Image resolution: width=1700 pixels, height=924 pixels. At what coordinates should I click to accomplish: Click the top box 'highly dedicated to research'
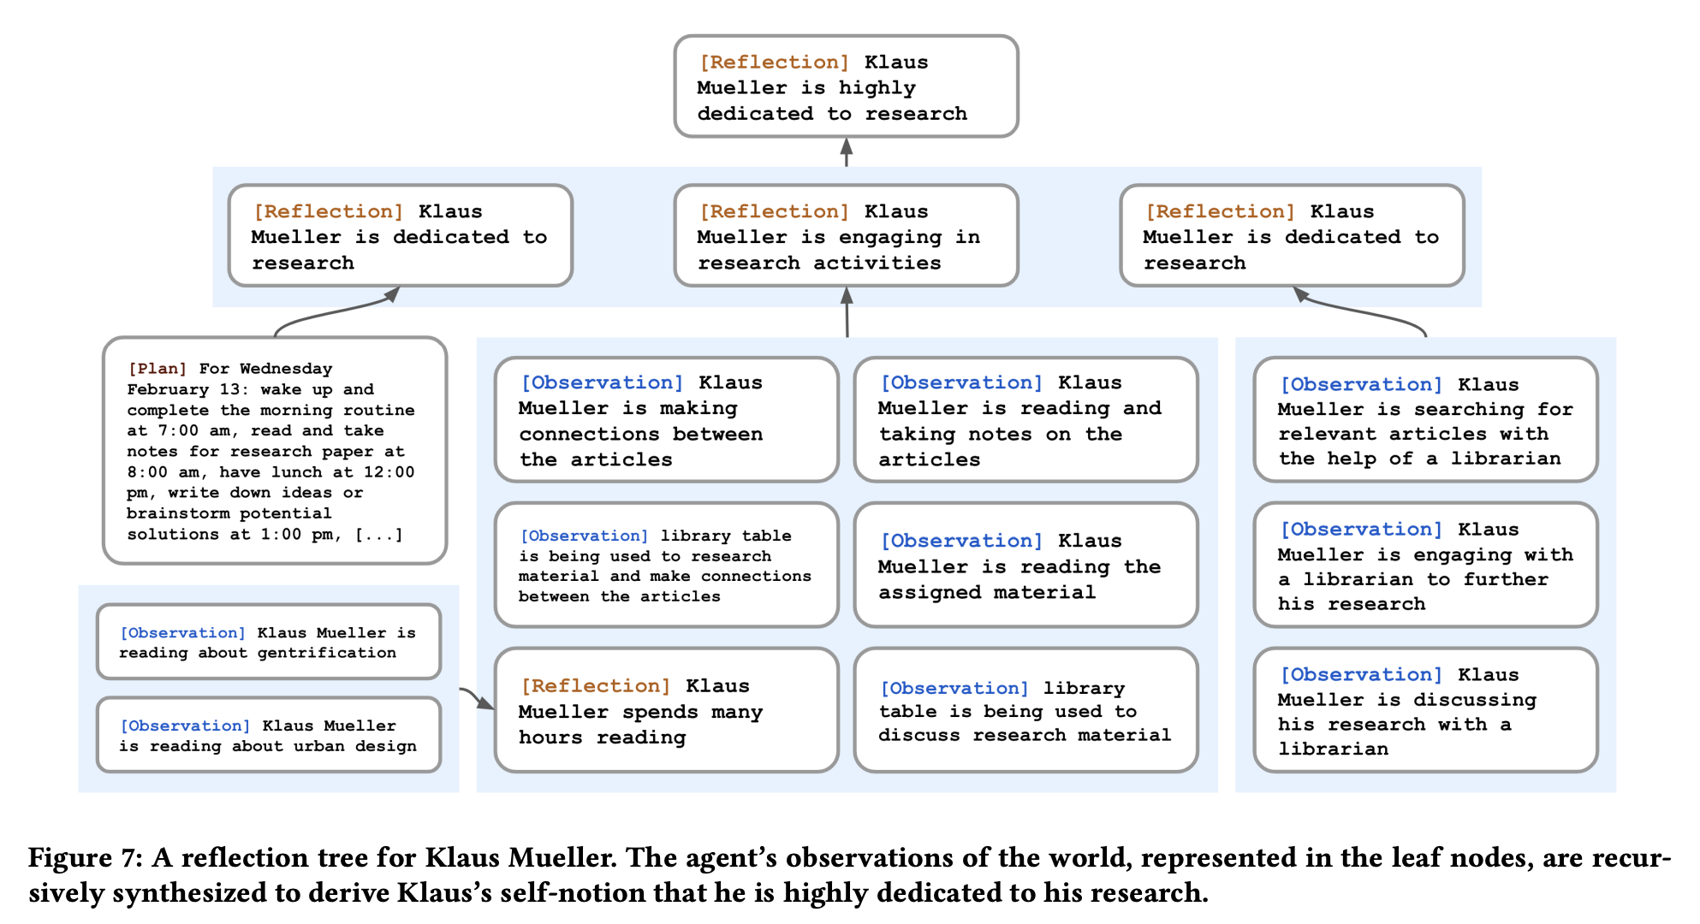pos(846,86)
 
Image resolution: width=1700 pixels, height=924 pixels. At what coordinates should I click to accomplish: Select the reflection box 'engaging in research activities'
pos(846,235)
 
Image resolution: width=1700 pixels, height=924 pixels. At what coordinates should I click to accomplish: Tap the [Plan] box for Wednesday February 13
pos(275,451)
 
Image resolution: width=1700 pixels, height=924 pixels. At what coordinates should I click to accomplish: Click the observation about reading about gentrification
pos(269,642)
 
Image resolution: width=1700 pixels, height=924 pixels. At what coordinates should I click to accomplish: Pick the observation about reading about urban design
pos(269,735)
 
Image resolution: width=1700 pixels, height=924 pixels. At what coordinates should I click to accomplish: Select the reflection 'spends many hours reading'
pos(666,710)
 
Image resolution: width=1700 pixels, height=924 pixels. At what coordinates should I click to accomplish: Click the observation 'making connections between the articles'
pos(666,420)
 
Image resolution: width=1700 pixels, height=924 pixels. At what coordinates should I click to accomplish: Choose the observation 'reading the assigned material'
pos(1025,565)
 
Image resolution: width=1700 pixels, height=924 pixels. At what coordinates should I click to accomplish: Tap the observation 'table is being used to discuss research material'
pos(1025,710)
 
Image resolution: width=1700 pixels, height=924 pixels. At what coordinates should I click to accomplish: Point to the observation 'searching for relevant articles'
pos(1425,420)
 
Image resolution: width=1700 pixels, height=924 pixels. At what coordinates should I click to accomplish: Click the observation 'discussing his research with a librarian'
pos(1425,710)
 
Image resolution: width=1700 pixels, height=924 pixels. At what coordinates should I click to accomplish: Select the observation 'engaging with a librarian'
pos(1425,565)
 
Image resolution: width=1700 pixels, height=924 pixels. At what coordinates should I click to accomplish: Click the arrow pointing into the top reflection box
pos(846,152)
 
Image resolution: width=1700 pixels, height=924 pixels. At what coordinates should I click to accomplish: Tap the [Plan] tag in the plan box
pos(158,369)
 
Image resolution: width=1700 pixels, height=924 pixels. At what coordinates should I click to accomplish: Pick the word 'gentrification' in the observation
pos(327,653)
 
